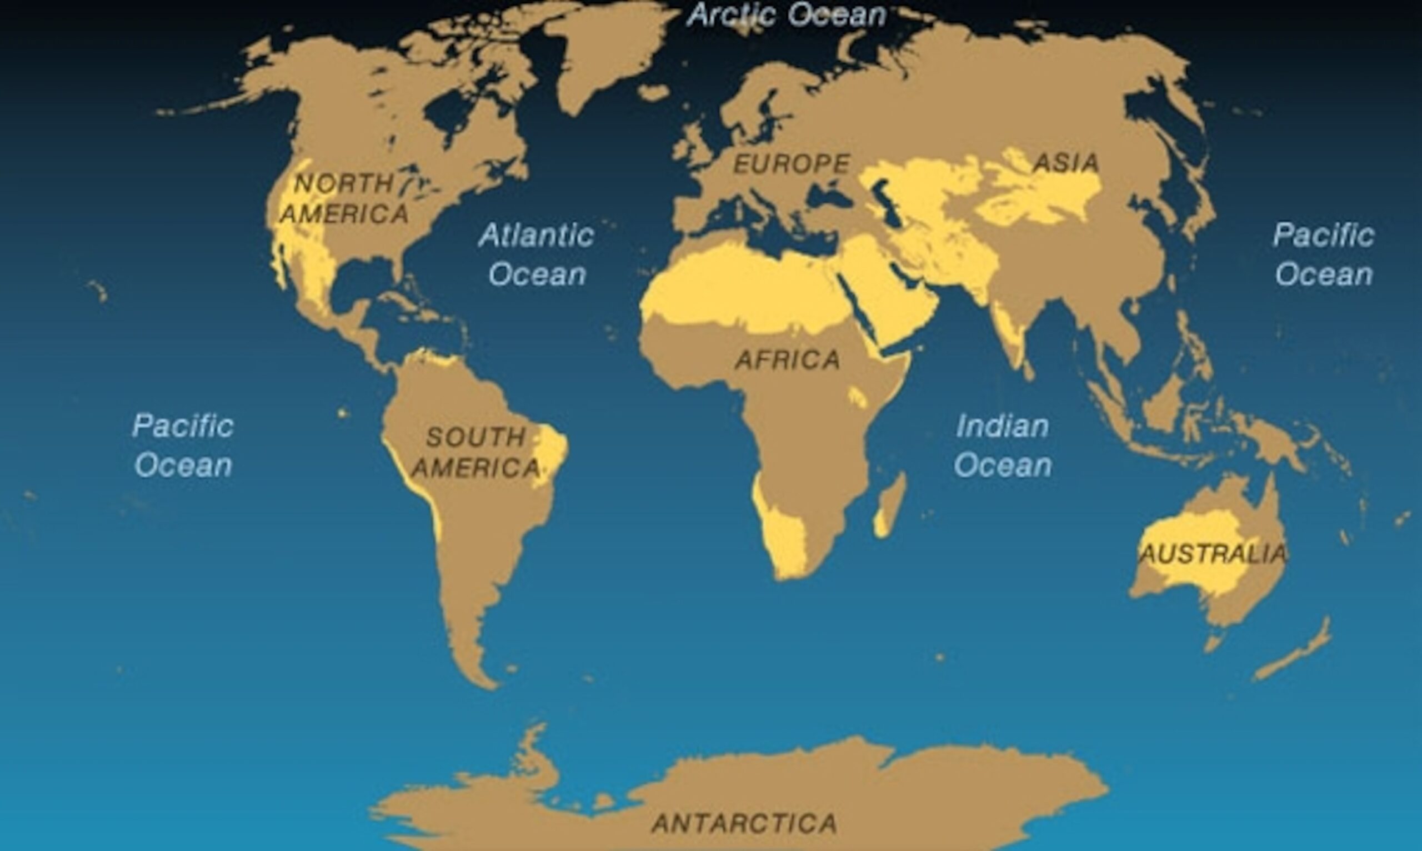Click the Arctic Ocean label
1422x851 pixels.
tap(787, 15)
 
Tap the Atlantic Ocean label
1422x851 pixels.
tap(537, 254)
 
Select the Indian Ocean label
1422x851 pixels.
tap(1002, 445)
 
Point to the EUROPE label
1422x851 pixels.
tap(792, 164)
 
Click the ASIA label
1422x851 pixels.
tap(1066, 163)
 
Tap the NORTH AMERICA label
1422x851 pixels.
tap(344, 199)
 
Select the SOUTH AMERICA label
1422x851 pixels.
tap(476, 453)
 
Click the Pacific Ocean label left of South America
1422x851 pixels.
tap(183, 445)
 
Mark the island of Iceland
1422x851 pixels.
tap(653, 92)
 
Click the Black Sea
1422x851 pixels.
tap(829, 198)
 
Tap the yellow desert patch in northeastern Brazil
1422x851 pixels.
tap(550, 453)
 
